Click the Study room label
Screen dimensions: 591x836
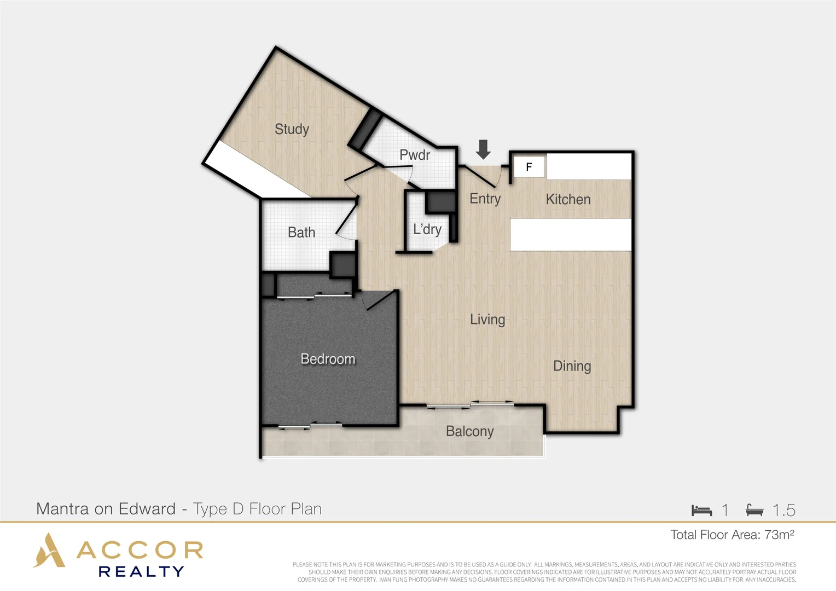(292, 129)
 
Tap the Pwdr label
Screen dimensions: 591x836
(415, 155)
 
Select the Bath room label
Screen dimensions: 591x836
(301, 233)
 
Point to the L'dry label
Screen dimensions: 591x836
(427, 229)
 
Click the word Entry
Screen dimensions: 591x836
(485, 199)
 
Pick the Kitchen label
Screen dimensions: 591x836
(568, 199)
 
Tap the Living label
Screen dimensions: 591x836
(487, 319)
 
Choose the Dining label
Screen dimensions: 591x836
(572, 366)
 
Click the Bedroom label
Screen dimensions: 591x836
(328, 359)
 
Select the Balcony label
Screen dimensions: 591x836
(469, 431)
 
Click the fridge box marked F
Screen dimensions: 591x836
(529, 167)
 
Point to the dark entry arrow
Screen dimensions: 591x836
(483, 149)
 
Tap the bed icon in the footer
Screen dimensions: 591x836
(701, 510)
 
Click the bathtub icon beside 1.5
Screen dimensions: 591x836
(754, 510)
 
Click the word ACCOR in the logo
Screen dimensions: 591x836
(140, 550)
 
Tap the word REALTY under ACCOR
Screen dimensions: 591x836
(141, 572)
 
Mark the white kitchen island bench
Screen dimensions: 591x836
(571, 235)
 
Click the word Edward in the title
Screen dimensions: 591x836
(147, 509)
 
